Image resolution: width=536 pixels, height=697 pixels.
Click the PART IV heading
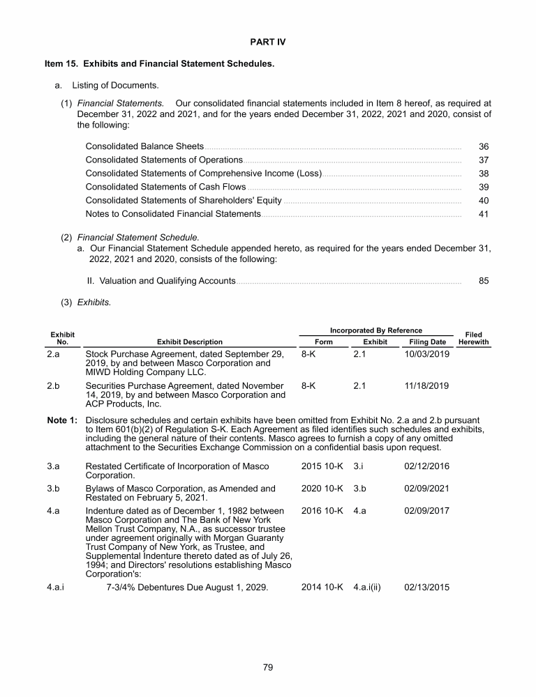point(268,42)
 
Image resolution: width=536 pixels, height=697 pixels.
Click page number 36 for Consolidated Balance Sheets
point(484,147)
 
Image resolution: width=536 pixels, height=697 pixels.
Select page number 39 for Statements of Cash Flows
point(484,187)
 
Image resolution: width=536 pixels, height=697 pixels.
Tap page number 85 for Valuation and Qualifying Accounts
point(484,281)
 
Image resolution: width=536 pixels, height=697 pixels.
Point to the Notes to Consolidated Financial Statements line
point(173,214)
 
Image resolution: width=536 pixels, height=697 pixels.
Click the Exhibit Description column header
point(190,342)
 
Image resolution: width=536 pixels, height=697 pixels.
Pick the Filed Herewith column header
point(473,339)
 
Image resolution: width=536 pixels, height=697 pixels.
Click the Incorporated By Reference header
point(375,330)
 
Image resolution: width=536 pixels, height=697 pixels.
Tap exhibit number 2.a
point(52,354)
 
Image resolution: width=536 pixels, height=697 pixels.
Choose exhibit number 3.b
point(52,489)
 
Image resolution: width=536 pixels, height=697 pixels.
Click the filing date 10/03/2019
point(427,354)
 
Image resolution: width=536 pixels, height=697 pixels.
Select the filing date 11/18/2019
point(427,385)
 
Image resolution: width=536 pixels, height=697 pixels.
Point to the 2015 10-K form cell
point(322,466)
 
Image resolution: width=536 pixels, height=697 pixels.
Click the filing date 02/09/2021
point(427,489)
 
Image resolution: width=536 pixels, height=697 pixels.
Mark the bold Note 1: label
point(61,420)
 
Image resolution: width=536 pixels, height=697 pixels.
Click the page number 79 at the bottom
point(268,667)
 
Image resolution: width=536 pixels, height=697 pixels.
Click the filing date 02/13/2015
point(427,587)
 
